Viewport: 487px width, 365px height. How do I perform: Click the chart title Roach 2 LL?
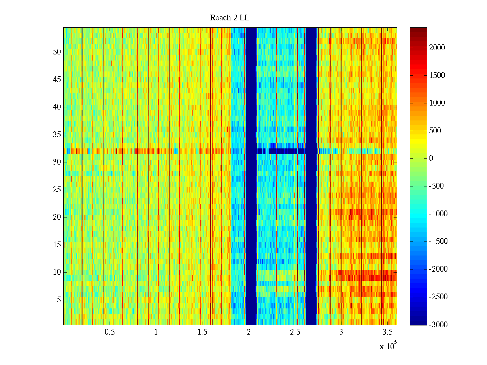tap(229, 18)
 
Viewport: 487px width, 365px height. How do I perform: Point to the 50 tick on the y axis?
tap(57, 52)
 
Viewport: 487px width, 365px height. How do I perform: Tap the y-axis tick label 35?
tap(57, 134)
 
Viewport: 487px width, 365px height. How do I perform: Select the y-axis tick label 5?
tap(59, 300)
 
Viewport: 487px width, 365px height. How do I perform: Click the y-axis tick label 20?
tap(57, 217)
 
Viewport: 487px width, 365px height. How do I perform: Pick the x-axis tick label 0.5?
tap(110, 332)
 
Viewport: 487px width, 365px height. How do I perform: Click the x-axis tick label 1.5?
tap(202, 332)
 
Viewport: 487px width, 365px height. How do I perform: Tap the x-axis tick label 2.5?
tap(295, 332)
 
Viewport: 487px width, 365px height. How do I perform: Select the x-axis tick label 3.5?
tap(387, 332)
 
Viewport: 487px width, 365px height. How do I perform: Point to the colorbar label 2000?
tap(437, 47)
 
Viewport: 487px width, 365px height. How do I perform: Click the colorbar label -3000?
tap(438, 325)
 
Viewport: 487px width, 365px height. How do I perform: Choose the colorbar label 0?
tap(431, 158)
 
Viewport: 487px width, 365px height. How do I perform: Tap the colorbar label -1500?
tap(438, 242)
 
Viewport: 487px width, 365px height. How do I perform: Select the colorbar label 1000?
tap(437, 103)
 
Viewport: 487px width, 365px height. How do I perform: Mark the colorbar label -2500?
tap(438, 297)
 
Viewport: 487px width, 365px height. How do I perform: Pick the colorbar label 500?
tap(435, 130)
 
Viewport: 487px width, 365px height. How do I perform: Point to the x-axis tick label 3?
tap(341, 332)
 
